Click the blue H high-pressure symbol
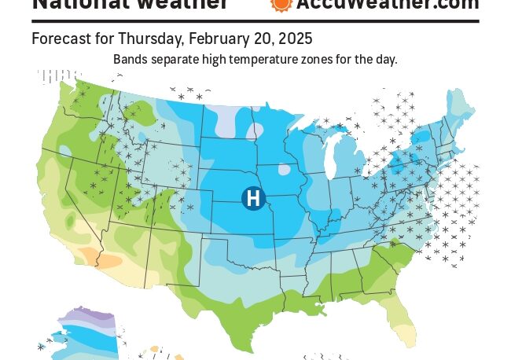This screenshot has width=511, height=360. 253,198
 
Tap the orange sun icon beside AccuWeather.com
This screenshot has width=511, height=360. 281,4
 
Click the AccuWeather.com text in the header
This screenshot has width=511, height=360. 387,5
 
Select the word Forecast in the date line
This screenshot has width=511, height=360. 59,39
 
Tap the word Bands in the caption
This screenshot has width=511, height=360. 131,59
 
